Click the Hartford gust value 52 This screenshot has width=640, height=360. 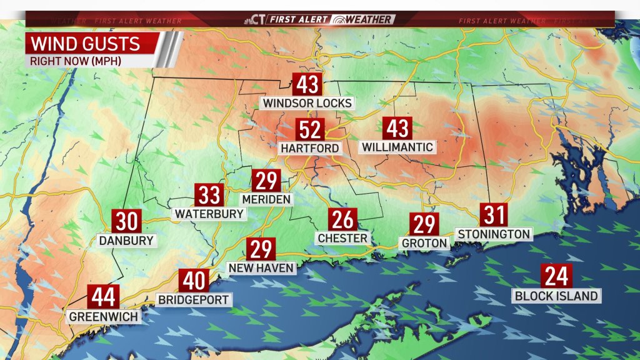(x=310, y=130)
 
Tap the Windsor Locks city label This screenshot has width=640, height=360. (x=307, y=102)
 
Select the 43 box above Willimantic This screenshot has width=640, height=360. (x=397, y=128)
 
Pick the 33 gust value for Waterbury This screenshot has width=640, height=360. (x=209, y=195)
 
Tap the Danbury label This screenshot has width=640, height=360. (x=126, y=240)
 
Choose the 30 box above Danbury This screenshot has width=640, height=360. (x=126, y=221)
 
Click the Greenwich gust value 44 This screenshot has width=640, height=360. (x=103, y=296)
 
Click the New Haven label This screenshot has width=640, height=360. (x=261, y=268)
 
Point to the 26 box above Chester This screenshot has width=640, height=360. (x=342, y=219)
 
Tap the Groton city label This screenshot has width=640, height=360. (x=424, y=243)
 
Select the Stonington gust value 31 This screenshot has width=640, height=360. (x=494, y=215)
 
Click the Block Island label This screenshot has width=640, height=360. (x=556, y=296)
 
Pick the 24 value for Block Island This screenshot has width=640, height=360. (x=556, y=276)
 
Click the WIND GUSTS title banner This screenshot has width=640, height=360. (x=91, y=44)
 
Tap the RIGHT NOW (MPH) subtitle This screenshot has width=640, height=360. (x=75, y=61)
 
